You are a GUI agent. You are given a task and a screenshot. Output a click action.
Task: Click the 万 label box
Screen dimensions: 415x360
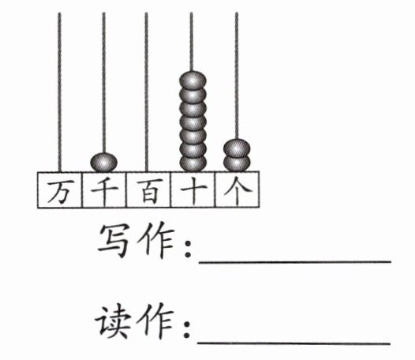tap(59, 189)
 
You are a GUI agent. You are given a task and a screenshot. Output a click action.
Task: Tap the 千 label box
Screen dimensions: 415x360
tap(104, 189)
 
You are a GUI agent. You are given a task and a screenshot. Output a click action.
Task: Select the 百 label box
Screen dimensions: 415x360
tap(148, 189)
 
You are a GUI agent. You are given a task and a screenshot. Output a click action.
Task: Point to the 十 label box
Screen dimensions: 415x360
tap(193, 189)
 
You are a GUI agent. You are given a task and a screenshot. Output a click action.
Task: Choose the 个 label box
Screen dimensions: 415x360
tap(237, 189)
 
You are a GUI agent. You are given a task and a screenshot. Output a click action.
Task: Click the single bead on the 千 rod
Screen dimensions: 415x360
tap(104, 162)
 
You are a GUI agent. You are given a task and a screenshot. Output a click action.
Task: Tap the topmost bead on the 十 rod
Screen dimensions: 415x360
tap(193, 80)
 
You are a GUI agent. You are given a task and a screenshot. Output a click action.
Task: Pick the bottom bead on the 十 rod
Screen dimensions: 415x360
tap(193, 163)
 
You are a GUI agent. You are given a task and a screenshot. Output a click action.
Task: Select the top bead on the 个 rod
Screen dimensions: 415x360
tap(237, 148)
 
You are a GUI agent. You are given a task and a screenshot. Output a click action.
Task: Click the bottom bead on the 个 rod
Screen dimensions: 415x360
tap(237, 163)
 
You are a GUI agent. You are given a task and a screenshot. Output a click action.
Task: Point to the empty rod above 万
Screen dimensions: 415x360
tap(59, 92)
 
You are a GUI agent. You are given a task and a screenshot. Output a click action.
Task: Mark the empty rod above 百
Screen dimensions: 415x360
tap(147, 92)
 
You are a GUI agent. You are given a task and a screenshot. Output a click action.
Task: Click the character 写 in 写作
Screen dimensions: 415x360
tap(114, 241)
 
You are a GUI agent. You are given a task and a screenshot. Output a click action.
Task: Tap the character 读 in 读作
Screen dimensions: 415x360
tap(113, 321)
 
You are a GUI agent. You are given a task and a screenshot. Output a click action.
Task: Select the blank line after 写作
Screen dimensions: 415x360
tap(295, 262)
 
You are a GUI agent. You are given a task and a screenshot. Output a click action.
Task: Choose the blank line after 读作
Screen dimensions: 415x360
tap(293, 343)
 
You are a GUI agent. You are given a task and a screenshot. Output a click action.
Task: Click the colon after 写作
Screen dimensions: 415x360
tap(188, 249)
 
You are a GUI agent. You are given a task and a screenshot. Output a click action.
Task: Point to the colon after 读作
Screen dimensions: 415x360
tap(186, 329)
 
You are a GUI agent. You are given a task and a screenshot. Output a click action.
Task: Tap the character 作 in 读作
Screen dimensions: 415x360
tap(155, 321)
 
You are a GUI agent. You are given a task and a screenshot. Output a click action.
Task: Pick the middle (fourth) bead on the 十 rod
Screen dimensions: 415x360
tap(193, 122)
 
